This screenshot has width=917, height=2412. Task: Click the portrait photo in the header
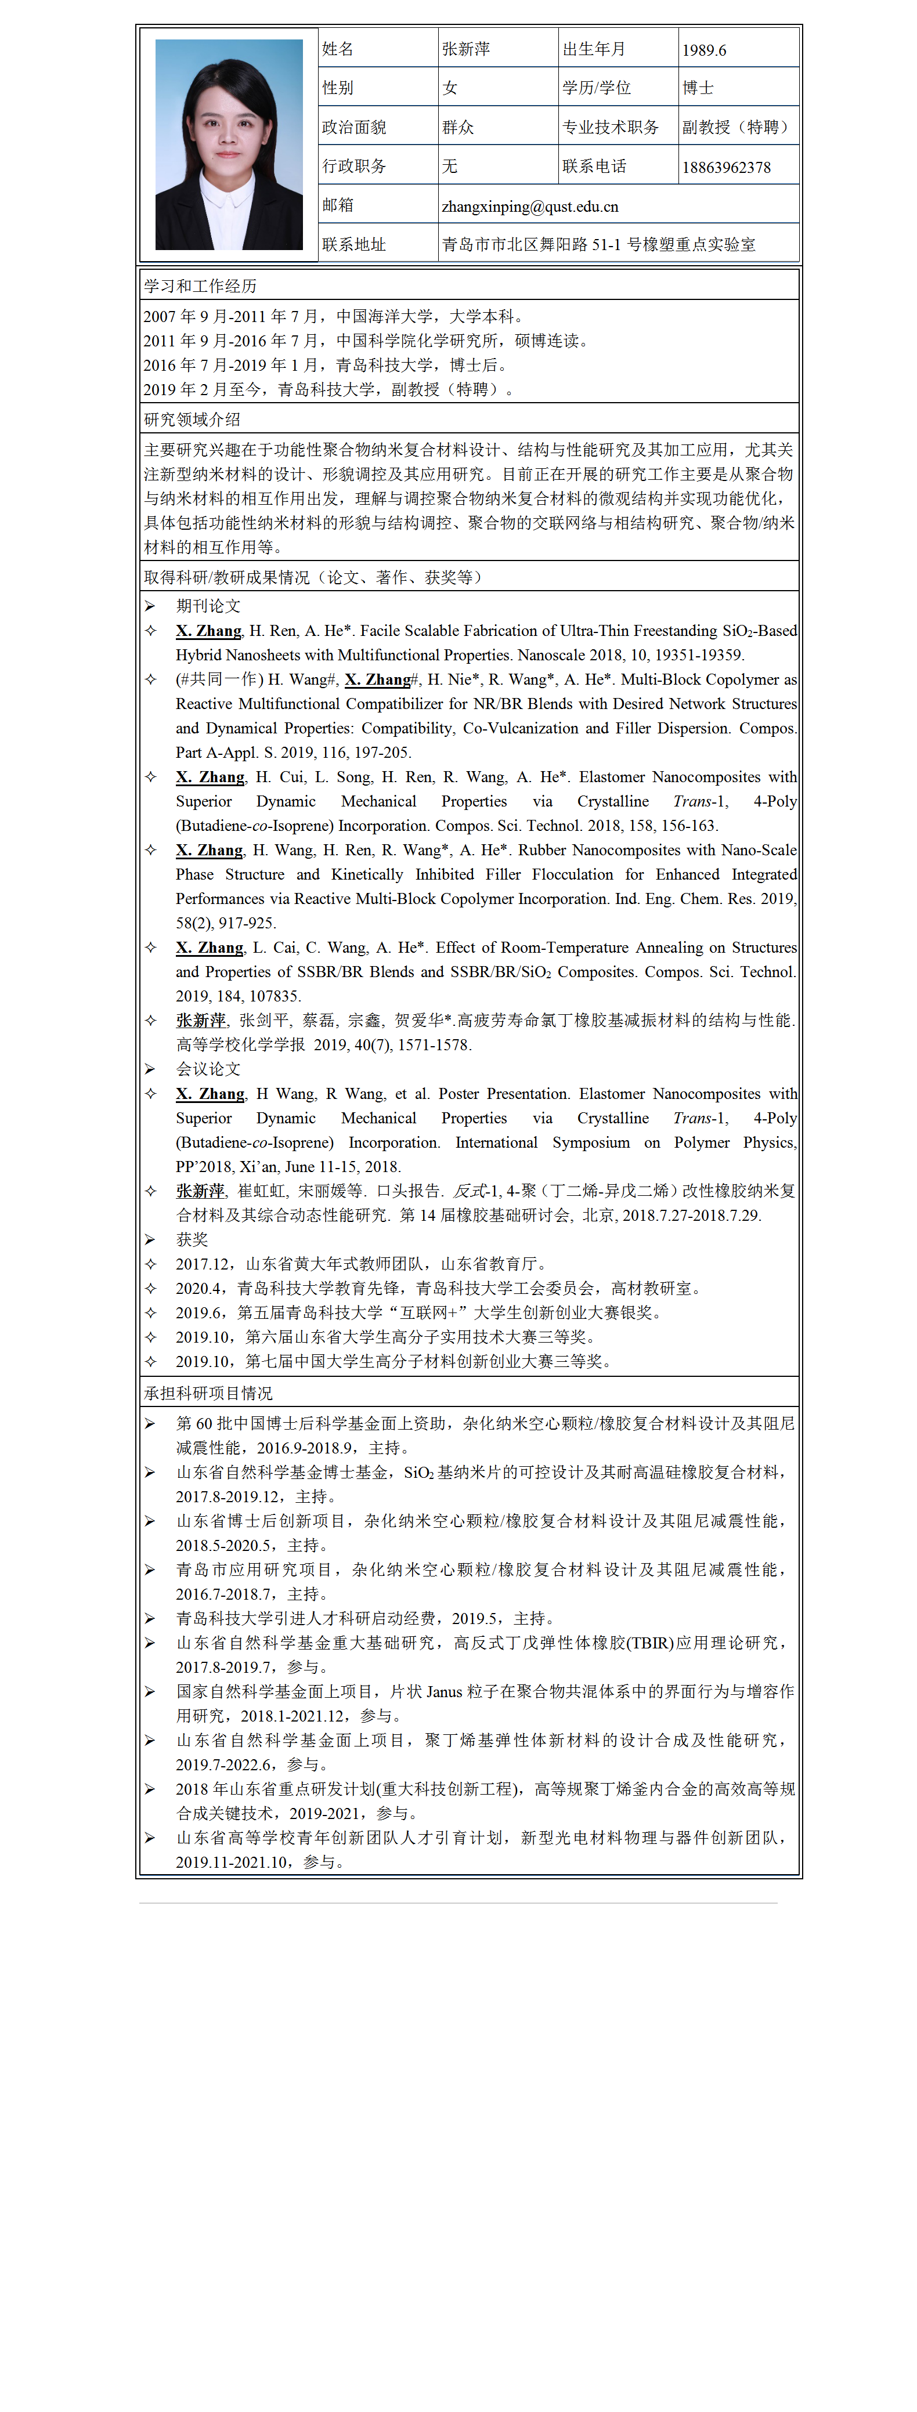pyautogui.click(x=229, y=144)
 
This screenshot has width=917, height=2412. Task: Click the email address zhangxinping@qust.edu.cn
pyautogui.click(x=529, y=206)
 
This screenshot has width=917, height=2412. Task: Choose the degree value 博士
pyautogui.click(x=698, y=88)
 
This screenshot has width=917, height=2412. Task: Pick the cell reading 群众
pyautogui.click(x=458, y=127)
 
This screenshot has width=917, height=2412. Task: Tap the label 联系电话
pyautogui.click(x=594, y=167)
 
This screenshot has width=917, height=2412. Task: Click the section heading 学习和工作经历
pyautogui.click(x=200, y=285)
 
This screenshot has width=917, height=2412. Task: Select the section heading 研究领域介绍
pyautogui.click(x=192, y=420)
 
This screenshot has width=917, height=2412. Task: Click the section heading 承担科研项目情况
pyautogui.click(x=208, y=1393)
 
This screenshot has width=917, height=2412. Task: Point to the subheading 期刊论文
pyautogui.click(x=208, y=606)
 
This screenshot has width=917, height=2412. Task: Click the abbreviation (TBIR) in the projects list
pyautogui.click(x=649, y=1643)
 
